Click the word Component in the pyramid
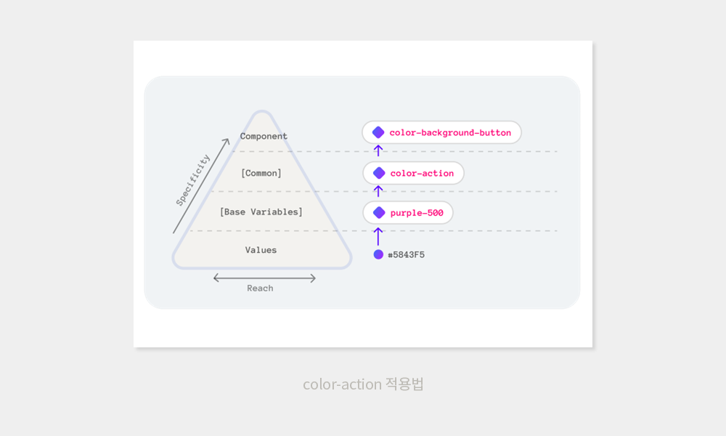(x=264, y=136)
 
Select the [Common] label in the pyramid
(x=261, y=173)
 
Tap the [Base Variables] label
(x=261, y=211)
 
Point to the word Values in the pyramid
(x=261, y=250)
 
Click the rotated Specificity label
(x=193, y=180)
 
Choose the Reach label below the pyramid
(x=260, y=288)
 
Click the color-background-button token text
(x=450, y=133)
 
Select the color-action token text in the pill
(x=422, y=173)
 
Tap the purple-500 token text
(x=417, y=213)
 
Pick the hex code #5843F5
(x=406, y=255)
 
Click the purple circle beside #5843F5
(x=378, y=254)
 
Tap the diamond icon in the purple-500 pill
(x=378, y=213)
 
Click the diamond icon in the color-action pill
(x=378, y=173)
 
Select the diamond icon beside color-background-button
(x=378, y=132)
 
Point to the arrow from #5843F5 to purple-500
(x=378, y=236)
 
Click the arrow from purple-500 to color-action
(x=378, y=191)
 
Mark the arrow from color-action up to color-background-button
(x=378, y=151)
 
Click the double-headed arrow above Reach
(x=264, y=278)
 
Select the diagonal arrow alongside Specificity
(x=201, y=185)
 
